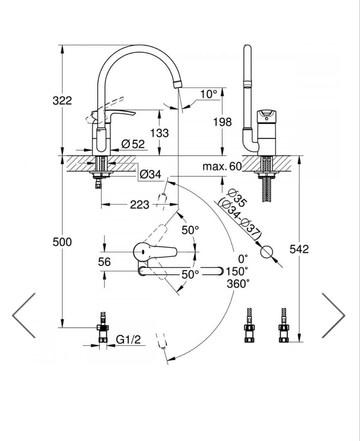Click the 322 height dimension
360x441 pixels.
click(62, 100)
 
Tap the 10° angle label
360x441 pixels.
click(208, 94)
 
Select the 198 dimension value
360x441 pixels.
click(222, 122)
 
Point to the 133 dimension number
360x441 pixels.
click(159, 133)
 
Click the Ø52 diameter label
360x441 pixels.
click(133, 144)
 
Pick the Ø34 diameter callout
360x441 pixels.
click(150, 174)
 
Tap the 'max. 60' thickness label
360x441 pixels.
click(222, 166)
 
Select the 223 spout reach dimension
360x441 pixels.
click(140, 205)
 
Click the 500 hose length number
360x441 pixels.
click(62, 242)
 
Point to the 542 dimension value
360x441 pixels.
click(299, 249)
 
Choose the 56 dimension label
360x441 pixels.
click(104, 262)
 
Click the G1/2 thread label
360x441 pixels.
click(128, 339)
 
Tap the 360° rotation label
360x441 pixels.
click(238, 283)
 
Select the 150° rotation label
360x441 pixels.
click(237, 271)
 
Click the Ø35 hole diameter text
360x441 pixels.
click(237, 198)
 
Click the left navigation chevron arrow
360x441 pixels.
click(24, 315)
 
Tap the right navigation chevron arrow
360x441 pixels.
click(333, 315)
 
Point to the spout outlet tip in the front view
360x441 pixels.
click(177, 85)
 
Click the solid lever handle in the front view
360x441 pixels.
click(121, 113)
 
